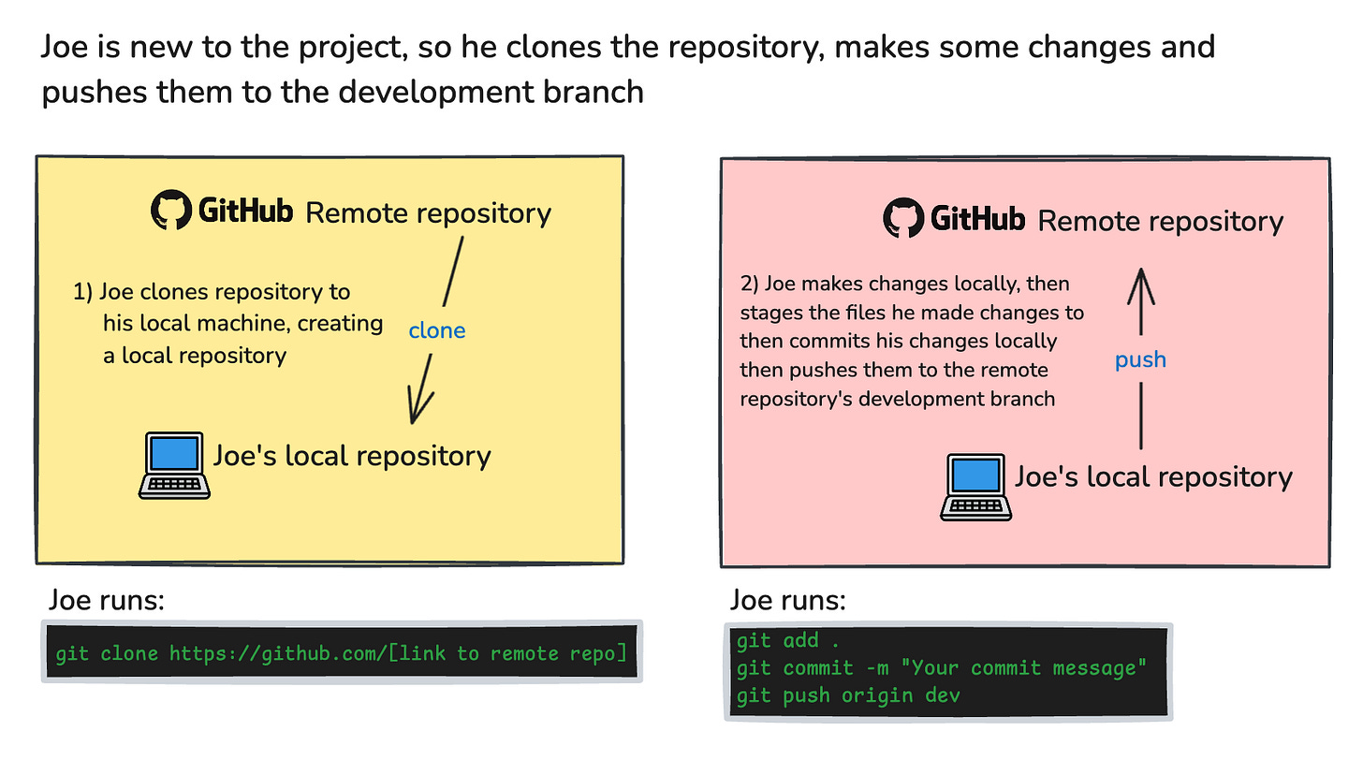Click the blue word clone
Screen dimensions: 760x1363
click(x=436, y=331)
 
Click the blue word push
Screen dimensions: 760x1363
click(x=1140, y=359)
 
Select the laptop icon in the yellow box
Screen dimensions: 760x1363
click(x=174, y=464)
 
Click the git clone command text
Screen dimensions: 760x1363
click(x=341, y=652)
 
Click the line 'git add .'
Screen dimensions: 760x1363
click(x=778, y=641)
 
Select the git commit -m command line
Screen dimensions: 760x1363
click(x=942, y=668)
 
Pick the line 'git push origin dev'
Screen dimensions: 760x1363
click(x=848, y=695)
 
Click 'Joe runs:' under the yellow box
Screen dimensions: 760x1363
click(x=106, y=599)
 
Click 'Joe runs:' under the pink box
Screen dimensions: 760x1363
click(x=787, y=599)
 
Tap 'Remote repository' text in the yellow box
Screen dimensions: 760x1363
click(x=429, y=213)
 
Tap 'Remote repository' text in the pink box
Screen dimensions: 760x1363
click(x=1161, y=222)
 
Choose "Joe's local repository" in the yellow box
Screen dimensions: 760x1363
click(x=352, y=456)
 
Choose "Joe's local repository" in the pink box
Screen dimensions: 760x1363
click(x=1153, y=477)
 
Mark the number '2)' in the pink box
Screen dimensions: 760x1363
click(x=750, y=284)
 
